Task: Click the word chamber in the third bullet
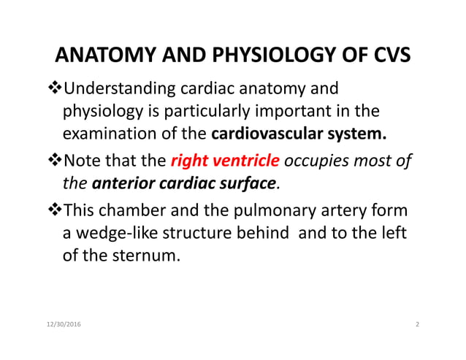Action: (133, 211)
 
